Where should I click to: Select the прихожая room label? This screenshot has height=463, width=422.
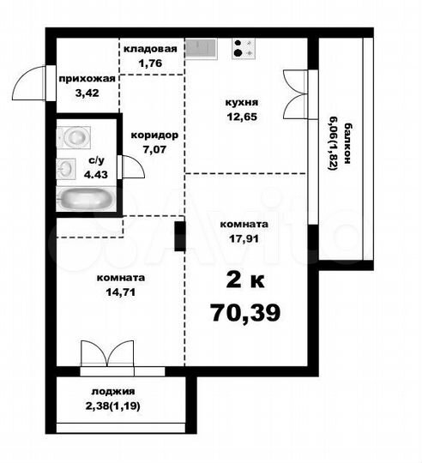(87, 79)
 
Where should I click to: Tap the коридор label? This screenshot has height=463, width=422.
(154, 135)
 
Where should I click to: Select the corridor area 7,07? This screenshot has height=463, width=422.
(154, 149)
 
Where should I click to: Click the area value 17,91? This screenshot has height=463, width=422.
(244, 239)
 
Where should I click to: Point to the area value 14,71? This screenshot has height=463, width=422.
(121, 292)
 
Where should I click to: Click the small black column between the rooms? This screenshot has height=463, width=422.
(180, 237)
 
